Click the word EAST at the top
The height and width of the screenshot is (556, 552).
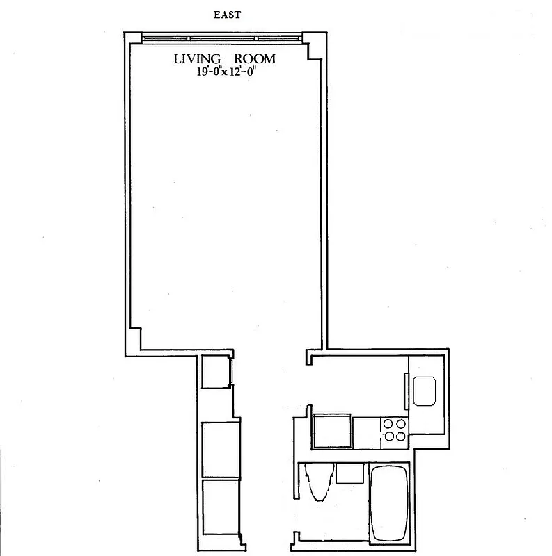228,13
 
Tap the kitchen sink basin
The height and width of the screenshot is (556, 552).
424,391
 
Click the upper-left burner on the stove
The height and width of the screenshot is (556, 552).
388,423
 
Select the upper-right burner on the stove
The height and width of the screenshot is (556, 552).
400,423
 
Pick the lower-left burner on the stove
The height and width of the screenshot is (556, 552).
388,436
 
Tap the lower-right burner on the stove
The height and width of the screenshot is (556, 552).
400,436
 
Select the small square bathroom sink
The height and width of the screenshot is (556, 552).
349,474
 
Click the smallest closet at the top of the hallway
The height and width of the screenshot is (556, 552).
214,372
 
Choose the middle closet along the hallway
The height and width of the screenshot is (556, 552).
219,449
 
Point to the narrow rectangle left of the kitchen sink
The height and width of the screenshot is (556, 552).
405,391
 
